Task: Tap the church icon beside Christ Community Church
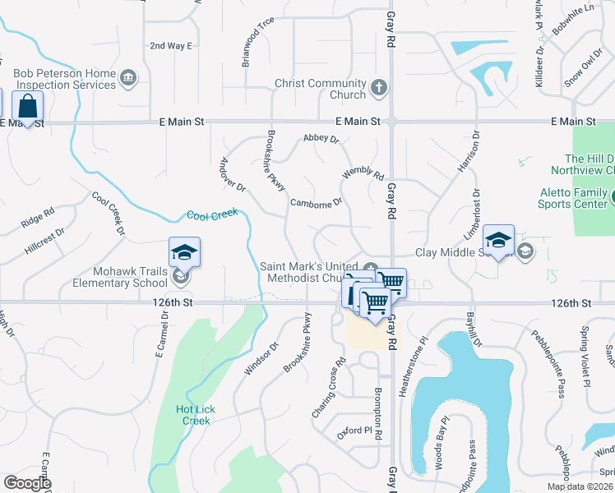click(x=378, y=88)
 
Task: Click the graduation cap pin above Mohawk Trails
click(x=185, y=253)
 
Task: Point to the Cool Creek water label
click(x=212, y=214)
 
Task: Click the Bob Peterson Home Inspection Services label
click(x=64, y=79)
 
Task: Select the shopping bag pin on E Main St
click(x=28, y=107)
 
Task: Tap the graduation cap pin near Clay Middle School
click(x=498, y=240)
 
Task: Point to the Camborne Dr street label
click(x=315, y=201)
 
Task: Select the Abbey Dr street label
click(x=321, y=139)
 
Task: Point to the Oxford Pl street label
click(x=352, y=428)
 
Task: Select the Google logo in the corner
click(x=27, y=483)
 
